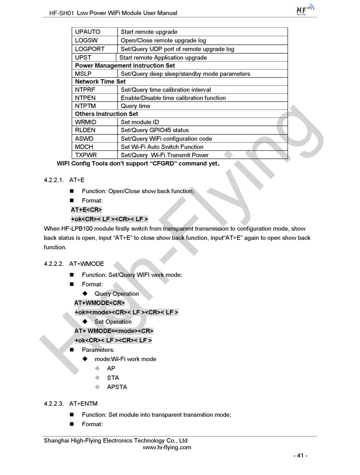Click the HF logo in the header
pyautogui.click(x=305, y=10)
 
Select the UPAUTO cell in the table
pyautogui.click(x=88, y=32)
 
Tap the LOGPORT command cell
pyautogui.click(x=90, y=49)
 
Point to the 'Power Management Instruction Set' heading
pyautogui.click(x=125, y=66)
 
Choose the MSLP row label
pyautogui.click(x=83, y=74)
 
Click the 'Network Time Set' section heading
pyautogui.click(x=100, y=81)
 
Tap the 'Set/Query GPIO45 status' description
pyautogui.click(x=155, y=130)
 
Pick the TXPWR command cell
pyautogui.click(x=86, y=155)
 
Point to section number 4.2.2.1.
pyautogui.click(x=54, y=180)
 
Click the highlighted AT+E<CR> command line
pyautogui.click(x=86, y=210)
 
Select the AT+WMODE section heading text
pyautogui.click(x=86, y=264)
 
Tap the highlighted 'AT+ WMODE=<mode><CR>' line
pyautogui.click(x=114, y=331)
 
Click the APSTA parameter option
pyautogui.click(x=117, y=387)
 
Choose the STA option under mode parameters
pyautogui.click(x=113, y=378)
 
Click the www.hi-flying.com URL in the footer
pyautogui.click(x=167, y=447)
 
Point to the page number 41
pyautogui.click(x=301, y=456)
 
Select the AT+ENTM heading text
pyautogui.click(x=83, y=404)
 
